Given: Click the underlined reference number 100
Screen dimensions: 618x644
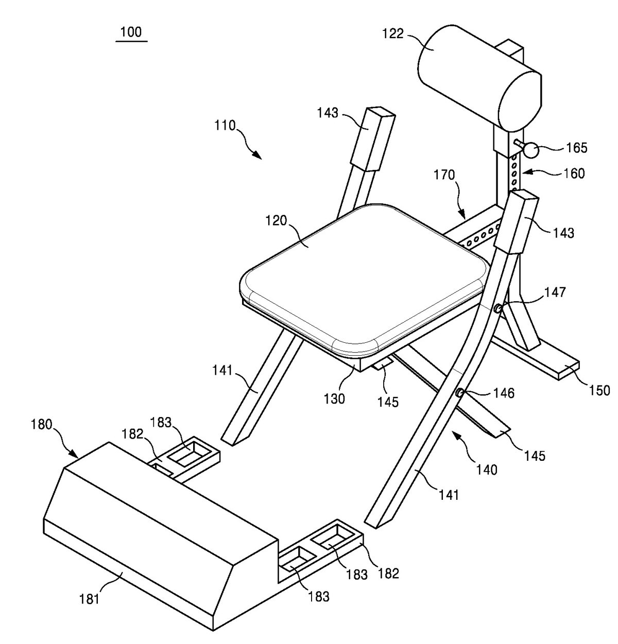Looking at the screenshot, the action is (x=131, y=32).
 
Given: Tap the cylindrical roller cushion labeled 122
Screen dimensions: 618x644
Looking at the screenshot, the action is (x=480, y=78).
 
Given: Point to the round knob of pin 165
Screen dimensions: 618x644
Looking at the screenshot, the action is (x=530, y=150).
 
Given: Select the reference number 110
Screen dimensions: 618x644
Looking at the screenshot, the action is (x=226, y=126).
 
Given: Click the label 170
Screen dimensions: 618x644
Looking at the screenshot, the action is (x=444, y=175).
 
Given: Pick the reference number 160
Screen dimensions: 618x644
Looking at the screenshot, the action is (x=574, y=173).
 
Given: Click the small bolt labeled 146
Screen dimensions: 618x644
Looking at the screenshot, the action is (x=460, y=393).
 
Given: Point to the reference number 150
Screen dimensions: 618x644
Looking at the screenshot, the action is (x=598, y=391).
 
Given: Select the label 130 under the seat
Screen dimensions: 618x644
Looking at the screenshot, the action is (x=334, y=399).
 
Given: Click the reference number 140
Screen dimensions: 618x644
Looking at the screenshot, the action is (x=487, y=469).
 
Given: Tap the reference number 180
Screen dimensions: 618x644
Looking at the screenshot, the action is (x=42, y=424).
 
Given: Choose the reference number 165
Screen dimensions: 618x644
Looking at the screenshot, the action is (x=577, y=148).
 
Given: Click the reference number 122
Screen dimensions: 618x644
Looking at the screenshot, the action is (x=393, y=34).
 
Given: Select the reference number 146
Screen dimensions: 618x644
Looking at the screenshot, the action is (x=504, y=393).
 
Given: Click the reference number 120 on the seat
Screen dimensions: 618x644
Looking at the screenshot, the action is (x=277, y=221).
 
